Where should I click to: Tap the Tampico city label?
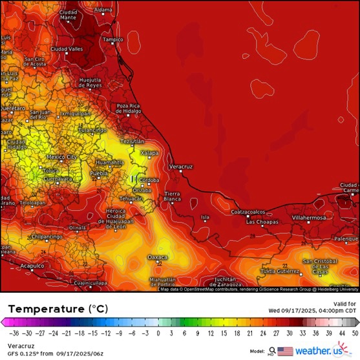point(112,39)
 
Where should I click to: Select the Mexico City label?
point(62,157)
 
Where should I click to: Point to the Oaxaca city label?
point(158,257)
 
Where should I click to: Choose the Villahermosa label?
point(308,218)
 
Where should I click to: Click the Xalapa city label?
point(149,153)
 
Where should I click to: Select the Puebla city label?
point(98,174)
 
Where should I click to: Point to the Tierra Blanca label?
point(172,196)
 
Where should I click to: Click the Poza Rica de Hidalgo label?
point(129,108)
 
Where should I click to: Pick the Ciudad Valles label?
point(67,48)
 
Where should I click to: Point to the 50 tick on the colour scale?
point(354,334)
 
